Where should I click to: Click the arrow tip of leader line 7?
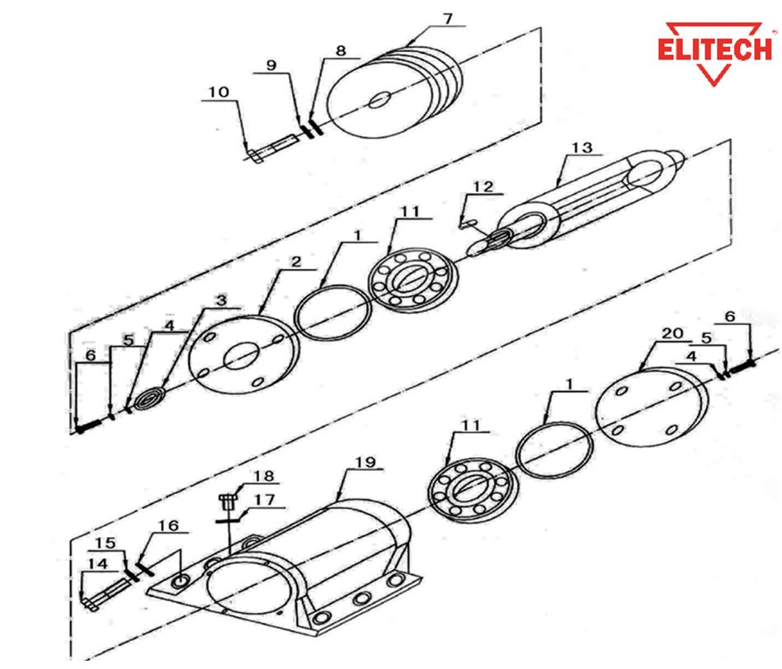(x=406, y=47)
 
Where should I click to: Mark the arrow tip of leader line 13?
(x=558, y=187)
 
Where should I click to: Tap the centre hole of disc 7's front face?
(x=380, y=100)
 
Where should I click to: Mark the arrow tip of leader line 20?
(x=640, y=372)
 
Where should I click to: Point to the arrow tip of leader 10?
(x=247, y=152)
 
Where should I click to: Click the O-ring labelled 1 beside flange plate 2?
(x=332, y=313)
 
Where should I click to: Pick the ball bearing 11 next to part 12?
(x=413, y=280)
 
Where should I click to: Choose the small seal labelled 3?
(x=149, y=399)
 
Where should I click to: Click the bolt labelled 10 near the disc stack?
(x=272, y=148)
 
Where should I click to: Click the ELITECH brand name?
(x=714, y=49)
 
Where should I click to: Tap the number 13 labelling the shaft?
(x=582, y=147)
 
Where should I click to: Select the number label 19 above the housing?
(x=365, y=462)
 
